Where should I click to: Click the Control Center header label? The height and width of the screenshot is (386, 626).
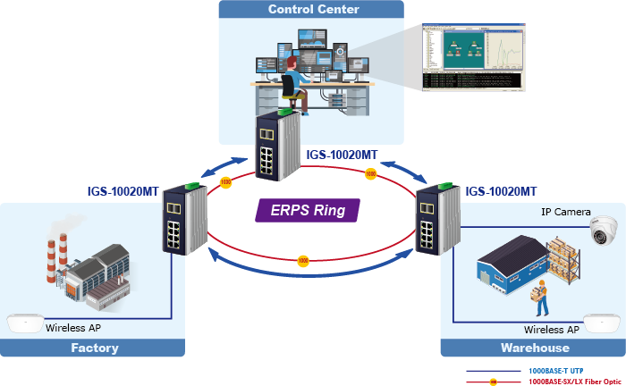click(x=313, y=10)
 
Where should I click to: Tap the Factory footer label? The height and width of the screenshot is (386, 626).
click(x=94, y=348)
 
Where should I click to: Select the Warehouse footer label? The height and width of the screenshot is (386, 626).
click(x=533, y=348)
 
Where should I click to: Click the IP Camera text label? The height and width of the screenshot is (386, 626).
click(x=565, y=212)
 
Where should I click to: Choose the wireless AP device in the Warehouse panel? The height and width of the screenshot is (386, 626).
click(x=601, y=322)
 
